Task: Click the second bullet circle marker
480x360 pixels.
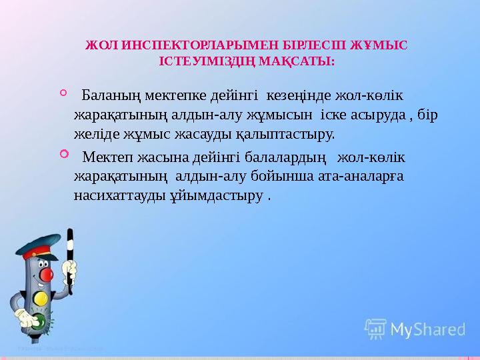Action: point(64,155)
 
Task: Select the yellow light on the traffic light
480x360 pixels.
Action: point(41,298)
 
